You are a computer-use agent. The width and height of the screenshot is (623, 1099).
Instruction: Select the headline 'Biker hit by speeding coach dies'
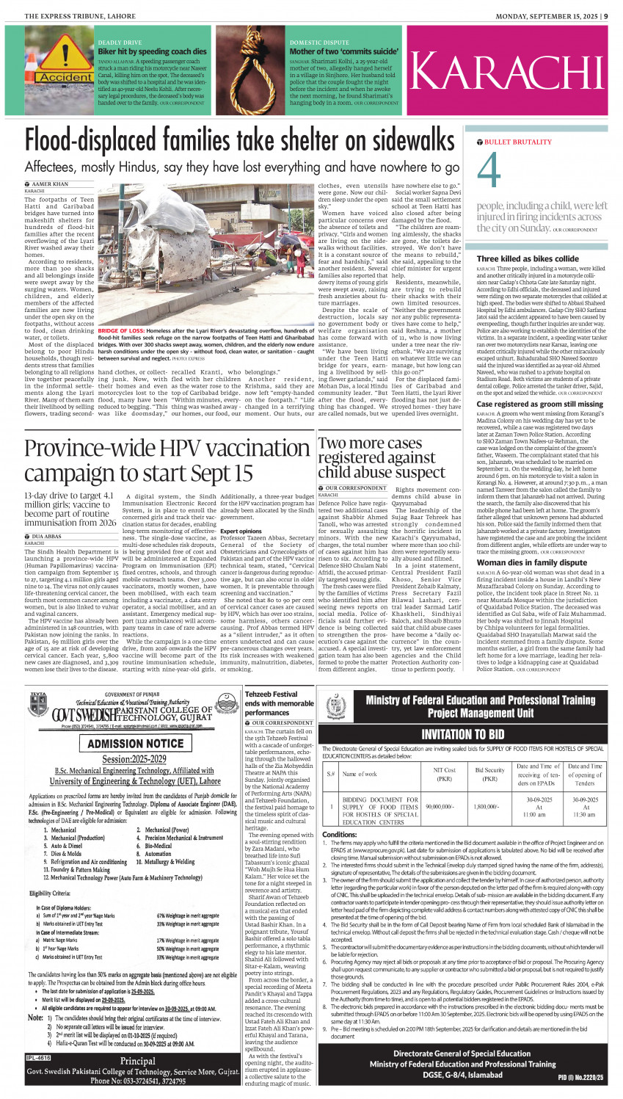153,52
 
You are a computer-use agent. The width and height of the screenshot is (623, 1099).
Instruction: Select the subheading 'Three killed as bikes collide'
528,259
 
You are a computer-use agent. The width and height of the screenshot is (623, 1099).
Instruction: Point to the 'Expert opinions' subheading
241,531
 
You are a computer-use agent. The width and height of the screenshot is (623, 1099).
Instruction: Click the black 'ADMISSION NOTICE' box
135,743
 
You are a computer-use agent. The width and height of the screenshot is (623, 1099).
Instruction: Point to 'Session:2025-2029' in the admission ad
136,759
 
